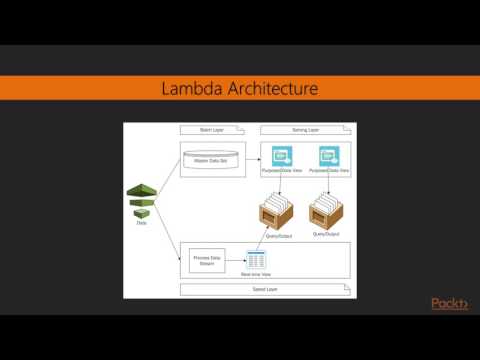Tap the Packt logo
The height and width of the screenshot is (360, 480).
click(x=449, y=304)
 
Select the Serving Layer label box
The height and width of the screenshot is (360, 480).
click(x=304, y=131)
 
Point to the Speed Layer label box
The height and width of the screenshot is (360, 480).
click(x=265, y=289)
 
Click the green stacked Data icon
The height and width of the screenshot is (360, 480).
click(x=142, y=200)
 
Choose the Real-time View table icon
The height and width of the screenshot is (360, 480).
click(x=256, y=259)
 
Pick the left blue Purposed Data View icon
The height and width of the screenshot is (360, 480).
click(x=282, y=157)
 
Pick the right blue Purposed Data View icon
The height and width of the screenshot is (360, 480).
click(x=328, y=157)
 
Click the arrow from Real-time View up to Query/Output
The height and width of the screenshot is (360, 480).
click(x=268, y=240)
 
